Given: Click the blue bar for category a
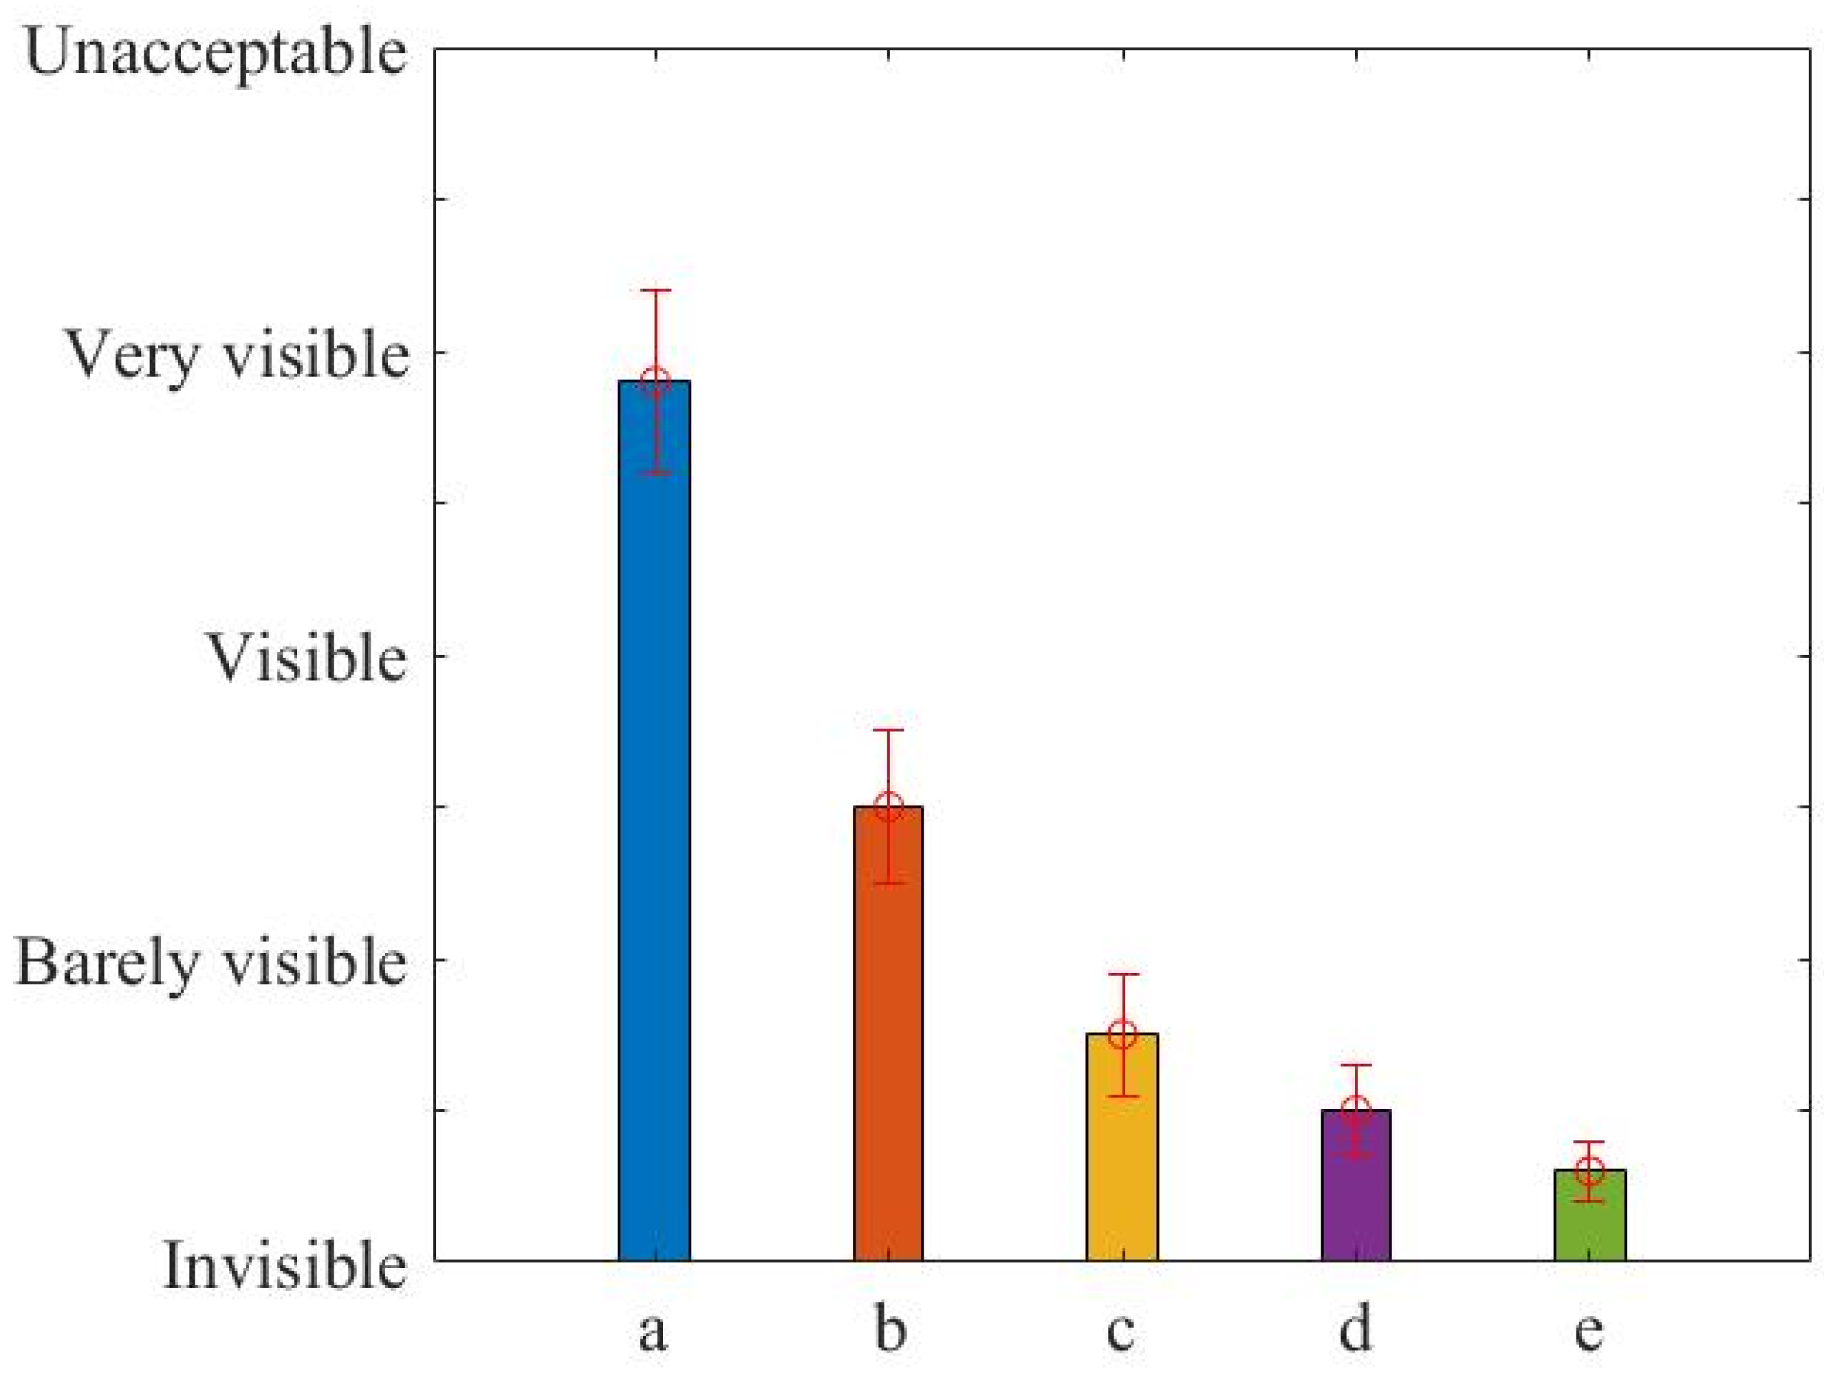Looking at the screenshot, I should point(654,825).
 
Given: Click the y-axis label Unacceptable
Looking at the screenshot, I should point(216,54).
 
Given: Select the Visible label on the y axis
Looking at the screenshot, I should point(306,659).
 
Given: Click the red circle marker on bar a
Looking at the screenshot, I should point(655,381).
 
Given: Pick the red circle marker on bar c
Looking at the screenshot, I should point(1122,1033).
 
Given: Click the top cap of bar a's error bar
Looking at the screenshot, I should point(655,290).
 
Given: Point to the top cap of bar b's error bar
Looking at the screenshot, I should point(888,730).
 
